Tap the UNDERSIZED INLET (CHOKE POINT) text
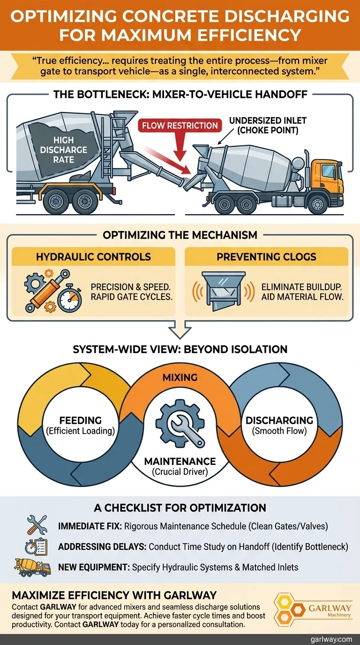tap(263, 125)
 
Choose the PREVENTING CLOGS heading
tap(266, 257)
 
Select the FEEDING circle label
tap(81, 425)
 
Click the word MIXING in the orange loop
tap(180, 377)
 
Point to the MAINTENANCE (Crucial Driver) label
tap(180, 466)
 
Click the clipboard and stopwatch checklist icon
tap(37, 547)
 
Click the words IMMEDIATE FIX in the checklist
tap(88, 526)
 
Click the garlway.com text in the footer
tap(330, 639)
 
